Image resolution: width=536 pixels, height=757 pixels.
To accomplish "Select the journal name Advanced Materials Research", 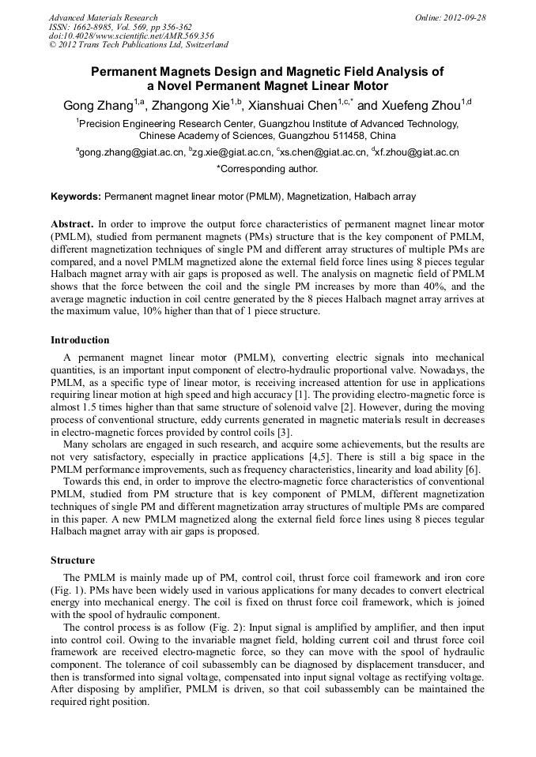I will pos(103,17).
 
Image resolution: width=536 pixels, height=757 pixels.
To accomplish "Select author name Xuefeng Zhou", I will pos(422,105).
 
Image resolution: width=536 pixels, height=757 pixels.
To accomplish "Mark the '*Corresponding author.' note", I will pos(267,168).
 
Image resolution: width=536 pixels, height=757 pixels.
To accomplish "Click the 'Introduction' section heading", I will pos(80,340).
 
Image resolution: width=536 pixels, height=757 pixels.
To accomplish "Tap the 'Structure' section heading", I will pos(73,560).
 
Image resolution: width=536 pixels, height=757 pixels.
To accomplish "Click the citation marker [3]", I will pos(285,432).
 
